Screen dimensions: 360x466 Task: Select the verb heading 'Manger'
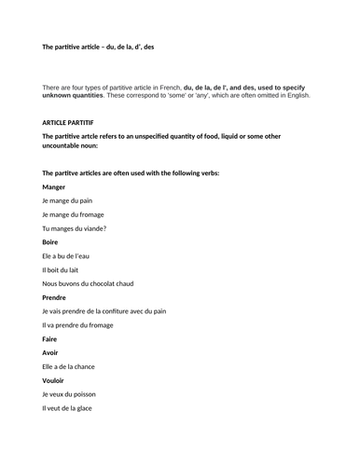click(56, 187)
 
